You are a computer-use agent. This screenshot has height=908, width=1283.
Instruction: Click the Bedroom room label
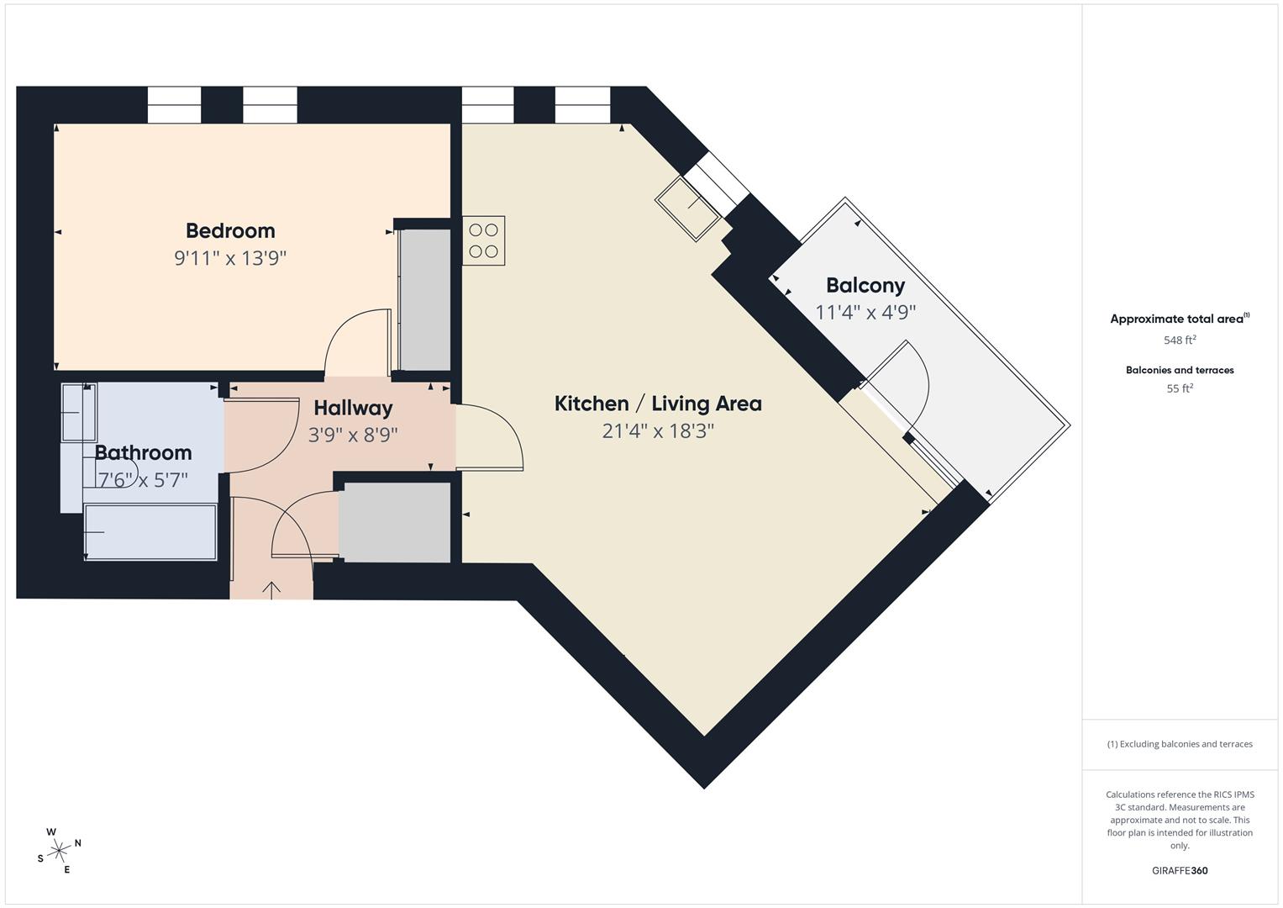tap(230, 230)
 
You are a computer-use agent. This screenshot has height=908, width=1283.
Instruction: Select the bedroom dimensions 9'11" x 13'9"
tap(230, 258)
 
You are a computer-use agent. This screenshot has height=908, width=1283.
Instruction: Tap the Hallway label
tap(353, 408)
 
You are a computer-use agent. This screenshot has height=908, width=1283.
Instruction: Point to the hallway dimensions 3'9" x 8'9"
tap(353, 435)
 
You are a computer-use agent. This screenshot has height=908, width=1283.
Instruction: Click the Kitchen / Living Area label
tap(658, 404)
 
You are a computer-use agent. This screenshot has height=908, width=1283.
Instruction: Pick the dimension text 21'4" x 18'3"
tap(658, 431)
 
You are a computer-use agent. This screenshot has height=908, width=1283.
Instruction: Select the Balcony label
tap(865, 285)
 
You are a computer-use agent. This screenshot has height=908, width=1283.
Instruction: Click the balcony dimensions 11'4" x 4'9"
tap(865, 313)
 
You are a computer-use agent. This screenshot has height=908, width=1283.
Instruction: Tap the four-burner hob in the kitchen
tap(483, 240)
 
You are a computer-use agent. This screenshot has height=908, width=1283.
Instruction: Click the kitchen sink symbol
tap(687, 207)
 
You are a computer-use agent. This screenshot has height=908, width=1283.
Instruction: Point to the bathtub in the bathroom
tap(151, 531)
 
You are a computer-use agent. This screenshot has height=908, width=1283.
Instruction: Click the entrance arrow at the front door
tap(271, 590)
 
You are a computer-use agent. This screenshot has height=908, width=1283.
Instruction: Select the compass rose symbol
tap(59, 852)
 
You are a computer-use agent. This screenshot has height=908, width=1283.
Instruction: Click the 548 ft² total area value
tap(1180, 340)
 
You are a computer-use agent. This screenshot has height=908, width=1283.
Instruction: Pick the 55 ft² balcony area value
tap(1180, 388)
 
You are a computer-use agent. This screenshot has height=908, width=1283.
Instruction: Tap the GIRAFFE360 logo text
tap(1180, 870)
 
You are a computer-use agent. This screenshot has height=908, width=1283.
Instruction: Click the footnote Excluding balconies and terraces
tap(1180, 744)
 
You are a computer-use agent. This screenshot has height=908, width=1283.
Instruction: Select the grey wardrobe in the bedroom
tap(424, 299)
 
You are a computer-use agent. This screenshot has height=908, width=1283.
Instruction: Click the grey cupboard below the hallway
tap(394, 522)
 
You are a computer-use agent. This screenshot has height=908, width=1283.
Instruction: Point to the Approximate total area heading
tap(1180, 319)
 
